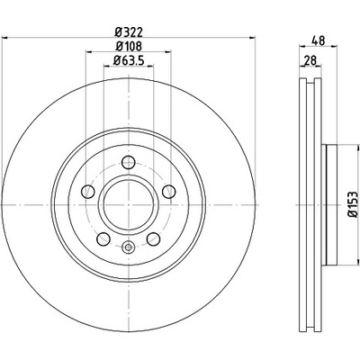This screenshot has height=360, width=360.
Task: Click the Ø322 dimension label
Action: (x=129, y=31)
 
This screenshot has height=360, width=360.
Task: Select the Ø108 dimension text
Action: (x=129, y=46)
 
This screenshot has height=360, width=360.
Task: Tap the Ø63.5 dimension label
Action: (x=129, y=60)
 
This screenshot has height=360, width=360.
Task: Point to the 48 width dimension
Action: (x=319, y=40)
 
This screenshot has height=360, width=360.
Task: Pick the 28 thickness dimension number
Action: (x=310, y=60)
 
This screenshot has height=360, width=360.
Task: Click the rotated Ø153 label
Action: (x=353, y=204)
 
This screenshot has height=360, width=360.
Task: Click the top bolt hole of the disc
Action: (x=129, y=162)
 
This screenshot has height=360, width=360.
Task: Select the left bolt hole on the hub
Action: (x=88, y=192)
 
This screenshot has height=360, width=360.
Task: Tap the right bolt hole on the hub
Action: (x=168, y=192)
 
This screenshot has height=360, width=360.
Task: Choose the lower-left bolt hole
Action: (x=103, y=238)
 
